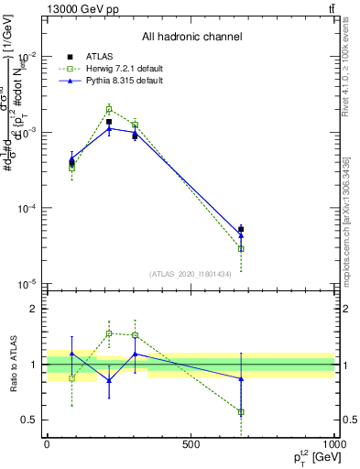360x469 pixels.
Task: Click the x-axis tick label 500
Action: click(x=191, y=445)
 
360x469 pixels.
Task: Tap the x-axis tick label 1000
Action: click(x=333, y=445)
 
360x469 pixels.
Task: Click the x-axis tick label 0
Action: click(x=47, y=445)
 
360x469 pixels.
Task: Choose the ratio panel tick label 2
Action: click(x=32, y=310)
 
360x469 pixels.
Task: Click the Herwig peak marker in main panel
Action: click(x=109, y=109)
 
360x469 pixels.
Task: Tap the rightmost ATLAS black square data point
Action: click(x=241, y=229)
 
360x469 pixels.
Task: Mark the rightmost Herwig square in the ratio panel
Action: click(x=241, y=412)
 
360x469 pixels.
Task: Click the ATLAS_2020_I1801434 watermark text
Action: click(x=191, y=274)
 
